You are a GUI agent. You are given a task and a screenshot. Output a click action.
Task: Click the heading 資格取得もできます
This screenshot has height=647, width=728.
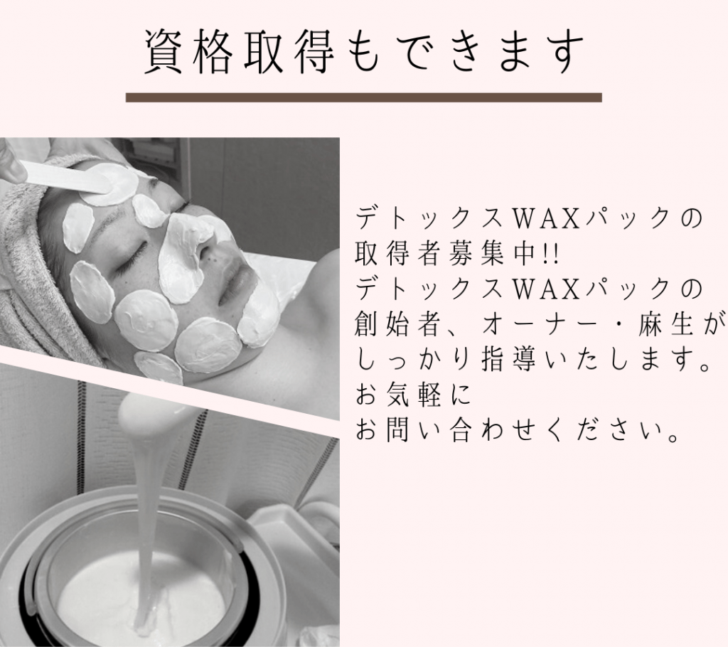point(364,52)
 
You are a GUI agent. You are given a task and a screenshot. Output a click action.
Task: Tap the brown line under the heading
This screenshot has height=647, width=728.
point(364,97)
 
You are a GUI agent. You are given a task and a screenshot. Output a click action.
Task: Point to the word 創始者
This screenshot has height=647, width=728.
point(396,326)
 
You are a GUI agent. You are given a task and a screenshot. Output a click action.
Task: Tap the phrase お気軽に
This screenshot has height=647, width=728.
point(413,396)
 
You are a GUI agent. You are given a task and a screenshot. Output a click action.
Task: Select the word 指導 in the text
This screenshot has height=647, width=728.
point(508,361)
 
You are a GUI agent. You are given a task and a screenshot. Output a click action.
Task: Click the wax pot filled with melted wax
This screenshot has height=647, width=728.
point(139,572)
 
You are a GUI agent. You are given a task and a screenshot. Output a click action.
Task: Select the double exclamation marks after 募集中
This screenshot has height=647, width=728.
point(552,255)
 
